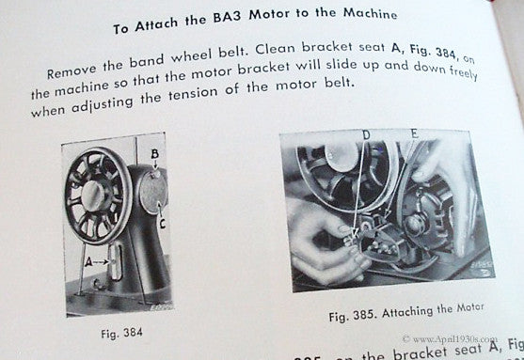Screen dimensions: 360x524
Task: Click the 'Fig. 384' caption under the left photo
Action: (121, 332)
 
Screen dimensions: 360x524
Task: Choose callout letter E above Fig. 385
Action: (413, 134)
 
